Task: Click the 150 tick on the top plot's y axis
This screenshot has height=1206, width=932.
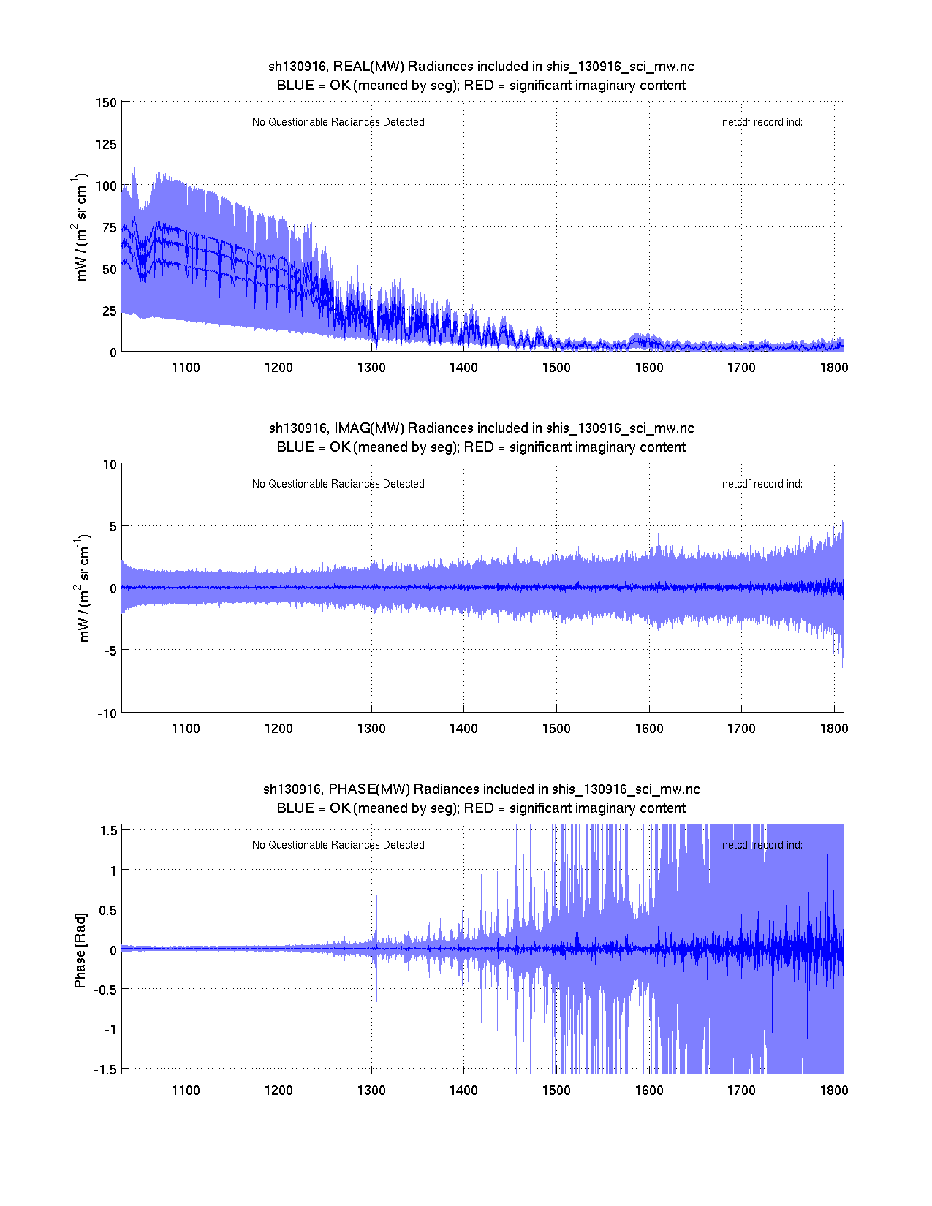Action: (106, 102)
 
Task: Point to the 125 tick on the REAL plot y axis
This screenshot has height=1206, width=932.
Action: (106, 144)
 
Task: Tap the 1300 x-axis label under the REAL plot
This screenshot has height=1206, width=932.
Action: (371, 367)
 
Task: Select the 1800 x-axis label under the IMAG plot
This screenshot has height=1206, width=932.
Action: (833, 728)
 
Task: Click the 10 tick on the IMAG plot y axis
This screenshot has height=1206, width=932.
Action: (110, 464)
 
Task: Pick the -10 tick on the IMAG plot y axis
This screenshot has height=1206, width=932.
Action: (107, 713)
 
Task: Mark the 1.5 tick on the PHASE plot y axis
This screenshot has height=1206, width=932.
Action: (109, 830)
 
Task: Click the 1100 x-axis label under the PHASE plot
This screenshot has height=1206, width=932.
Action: (186, 1090)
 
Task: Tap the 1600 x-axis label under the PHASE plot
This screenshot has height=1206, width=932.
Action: (648, 1090)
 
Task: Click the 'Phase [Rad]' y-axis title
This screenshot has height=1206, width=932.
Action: (80, 950)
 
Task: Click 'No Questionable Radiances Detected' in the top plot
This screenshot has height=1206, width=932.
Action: (338, 122)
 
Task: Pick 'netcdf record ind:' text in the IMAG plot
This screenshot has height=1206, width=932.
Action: (762, 484)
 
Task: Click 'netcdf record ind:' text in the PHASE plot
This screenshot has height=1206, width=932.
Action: (762, 845)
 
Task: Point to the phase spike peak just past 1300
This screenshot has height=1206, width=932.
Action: (376, 895)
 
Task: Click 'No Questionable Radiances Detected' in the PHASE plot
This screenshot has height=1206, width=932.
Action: (338, 845)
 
